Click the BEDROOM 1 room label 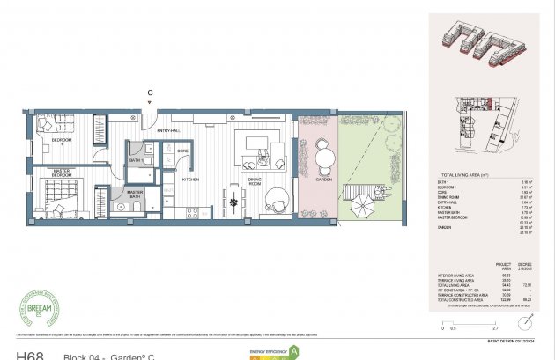point(61,142)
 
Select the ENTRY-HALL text point(168,131)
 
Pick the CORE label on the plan point(182,151)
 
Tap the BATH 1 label point(136,161)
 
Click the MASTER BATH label point(135,194)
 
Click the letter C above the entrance point(151,92)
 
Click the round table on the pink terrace point(325,158)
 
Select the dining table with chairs point(234,201)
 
